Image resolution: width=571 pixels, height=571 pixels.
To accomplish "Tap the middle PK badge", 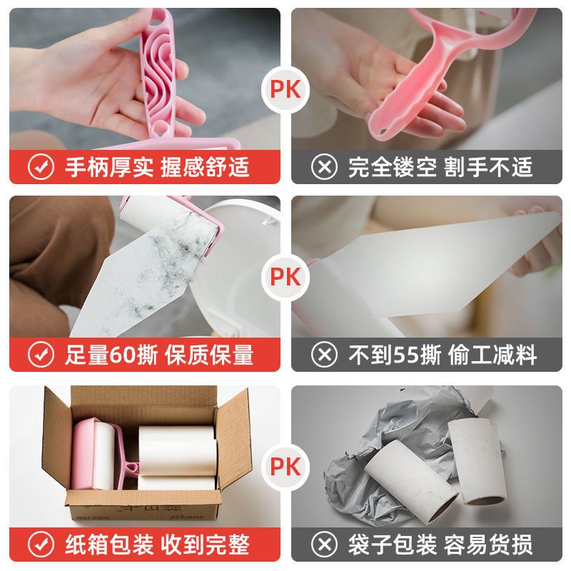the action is [285, 278].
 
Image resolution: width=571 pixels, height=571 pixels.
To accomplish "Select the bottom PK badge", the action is [285, 467].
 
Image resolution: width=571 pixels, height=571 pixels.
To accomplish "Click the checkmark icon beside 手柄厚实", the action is [41, 167].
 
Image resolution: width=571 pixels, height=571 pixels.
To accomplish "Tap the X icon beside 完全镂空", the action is [324, 167].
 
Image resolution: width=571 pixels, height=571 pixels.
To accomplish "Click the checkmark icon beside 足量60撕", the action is [41, 355].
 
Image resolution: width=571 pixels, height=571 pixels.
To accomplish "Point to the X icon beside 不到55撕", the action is [324, 355].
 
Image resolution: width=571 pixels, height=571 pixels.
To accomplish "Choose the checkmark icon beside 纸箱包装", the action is [41, 545].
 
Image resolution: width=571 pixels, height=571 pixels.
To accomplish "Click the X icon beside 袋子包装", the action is [324, 545].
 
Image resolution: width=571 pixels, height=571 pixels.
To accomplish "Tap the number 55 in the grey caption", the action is [406, 355].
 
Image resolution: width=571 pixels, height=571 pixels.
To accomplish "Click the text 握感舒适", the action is [205, 167].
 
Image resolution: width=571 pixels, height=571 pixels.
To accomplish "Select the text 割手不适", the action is [488, 167].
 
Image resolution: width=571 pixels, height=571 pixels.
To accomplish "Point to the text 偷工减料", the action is [492, 355].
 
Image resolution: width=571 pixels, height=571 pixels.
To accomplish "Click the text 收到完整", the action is [205, 545].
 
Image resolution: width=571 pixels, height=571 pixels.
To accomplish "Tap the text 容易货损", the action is [488, 545].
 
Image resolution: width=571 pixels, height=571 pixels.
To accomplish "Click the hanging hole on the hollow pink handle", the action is [383, 131].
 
